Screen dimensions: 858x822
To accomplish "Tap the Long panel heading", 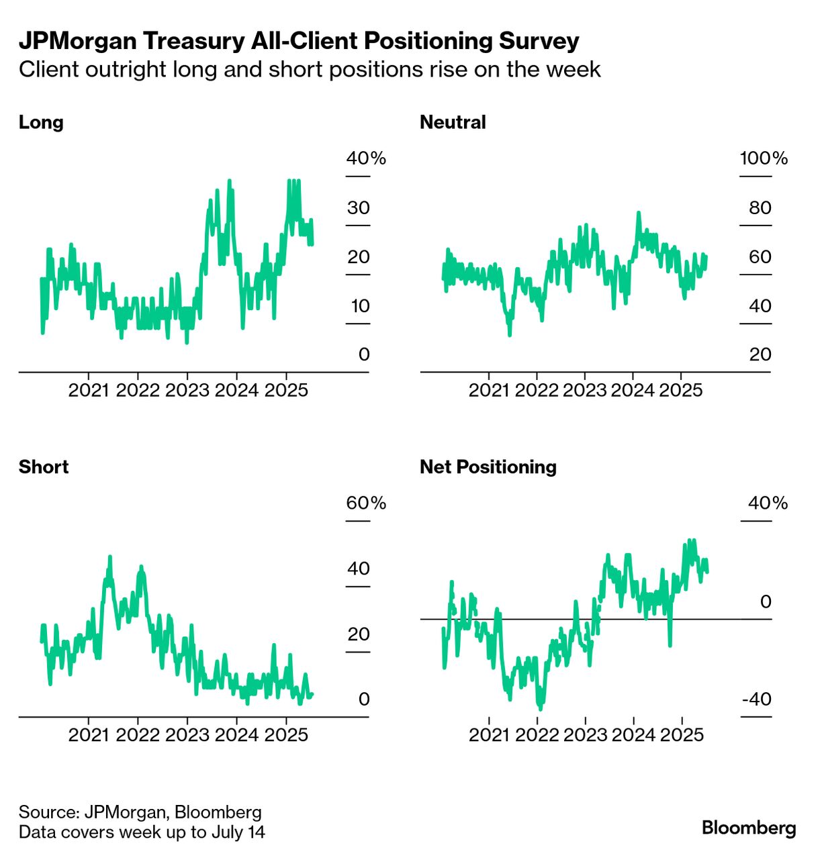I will pos(41,122).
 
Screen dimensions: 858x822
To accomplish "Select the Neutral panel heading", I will pos(453,122).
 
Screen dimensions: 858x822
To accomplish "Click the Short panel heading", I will pos(44,467).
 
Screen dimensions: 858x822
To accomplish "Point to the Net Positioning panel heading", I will pos(488,467).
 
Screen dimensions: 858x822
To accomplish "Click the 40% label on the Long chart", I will pos(366,158).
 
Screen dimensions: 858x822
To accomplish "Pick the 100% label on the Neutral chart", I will pos(764,158).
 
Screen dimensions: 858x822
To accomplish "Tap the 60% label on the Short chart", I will pos(366,503).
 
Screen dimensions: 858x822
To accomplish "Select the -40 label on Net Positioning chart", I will pos(757,699).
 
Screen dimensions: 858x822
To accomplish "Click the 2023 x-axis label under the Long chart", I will pos(187,390).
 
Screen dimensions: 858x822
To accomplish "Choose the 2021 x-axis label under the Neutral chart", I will pos(489,390).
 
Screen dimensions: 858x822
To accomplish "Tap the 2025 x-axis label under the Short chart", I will pos(286,734).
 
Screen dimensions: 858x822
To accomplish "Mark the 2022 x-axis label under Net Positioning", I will pos(537,734).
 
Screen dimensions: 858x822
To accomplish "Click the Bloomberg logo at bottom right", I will pos(749,828).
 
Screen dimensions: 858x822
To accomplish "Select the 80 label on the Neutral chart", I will pos(760,207).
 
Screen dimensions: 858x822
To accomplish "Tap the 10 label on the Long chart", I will pos(360,305).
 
